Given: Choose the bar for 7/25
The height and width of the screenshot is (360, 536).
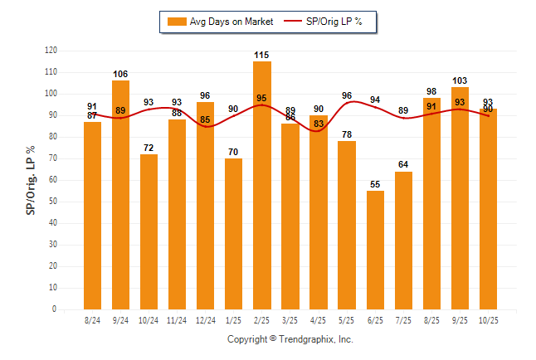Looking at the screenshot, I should point(403,241).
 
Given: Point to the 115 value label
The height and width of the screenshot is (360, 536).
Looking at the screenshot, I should point(262,55).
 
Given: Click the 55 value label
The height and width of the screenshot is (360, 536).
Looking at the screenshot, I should point(375,184).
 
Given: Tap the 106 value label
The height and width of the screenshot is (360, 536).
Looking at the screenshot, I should point(120,74).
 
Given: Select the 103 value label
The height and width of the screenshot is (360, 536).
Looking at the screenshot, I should point(460,80).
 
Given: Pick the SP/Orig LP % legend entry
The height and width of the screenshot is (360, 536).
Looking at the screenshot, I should point(324,22).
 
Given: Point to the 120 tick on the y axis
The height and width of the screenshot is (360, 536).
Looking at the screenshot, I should point(51,51).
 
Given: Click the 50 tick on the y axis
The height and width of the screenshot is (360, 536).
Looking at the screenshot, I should point(53,202).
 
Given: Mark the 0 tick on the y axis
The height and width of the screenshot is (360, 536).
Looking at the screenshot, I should point(55,309).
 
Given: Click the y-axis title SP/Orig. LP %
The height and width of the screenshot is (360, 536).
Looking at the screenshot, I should point(31,179).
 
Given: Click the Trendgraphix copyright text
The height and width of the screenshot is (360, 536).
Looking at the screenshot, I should point(290,339).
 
